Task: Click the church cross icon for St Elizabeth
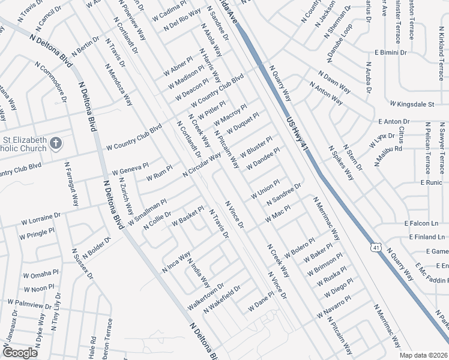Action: (55, 143)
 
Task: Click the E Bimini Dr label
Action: (391, 53)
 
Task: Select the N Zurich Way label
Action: (126, 196)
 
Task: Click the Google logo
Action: (20, 353)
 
